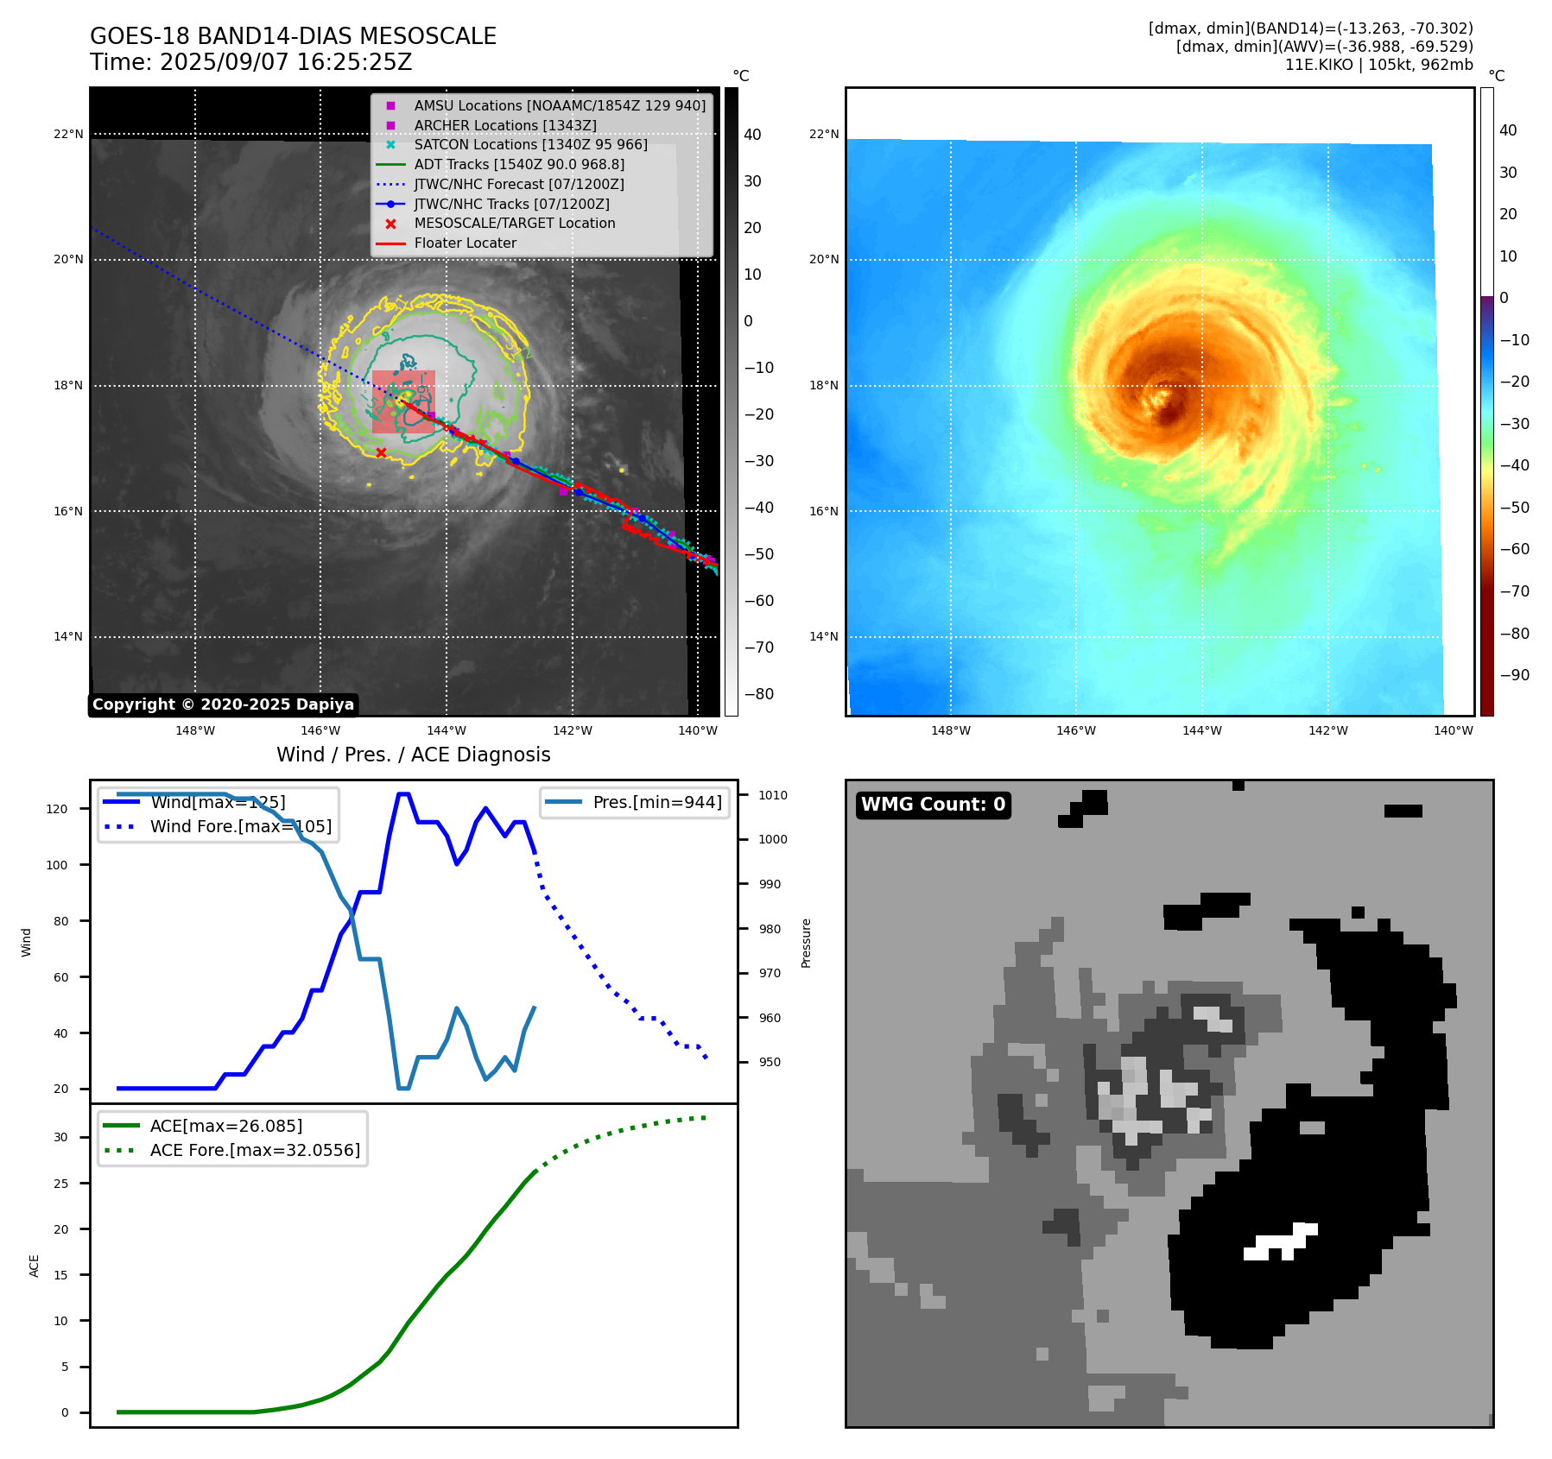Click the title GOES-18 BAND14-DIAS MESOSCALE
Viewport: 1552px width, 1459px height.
click(293, 36)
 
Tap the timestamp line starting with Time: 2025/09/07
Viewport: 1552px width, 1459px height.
click(250, 62)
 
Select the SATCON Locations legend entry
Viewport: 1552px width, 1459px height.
click(530, 144)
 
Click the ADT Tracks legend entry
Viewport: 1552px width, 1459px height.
click(519, 164)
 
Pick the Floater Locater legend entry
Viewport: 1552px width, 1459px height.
click(465, 243)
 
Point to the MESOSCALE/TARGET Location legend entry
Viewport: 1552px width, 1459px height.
click(515, 223)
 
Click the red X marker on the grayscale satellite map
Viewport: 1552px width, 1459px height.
click(381, 452)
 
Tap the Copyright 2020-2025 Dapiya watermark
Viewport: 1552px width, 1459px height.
click(223, 704)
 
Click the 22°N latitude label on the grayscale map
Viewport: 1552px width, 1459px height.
click(68, 134)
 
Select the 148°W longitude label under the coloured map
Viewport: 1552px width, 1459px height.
click(950, 730)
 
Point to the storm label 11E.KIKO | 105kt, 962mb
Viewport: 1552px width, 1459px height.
click(1378, 65)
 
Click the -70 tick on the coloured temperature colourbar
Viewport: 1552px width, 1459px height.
click(1514, 591)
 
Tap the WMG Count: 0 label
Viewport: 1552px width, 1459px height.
click(933, 805)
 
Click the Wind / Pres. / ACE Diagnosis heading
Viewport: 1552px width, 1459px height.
click(413, 755)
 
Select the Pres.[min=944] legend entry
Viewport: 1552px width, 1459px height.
click(656, 802)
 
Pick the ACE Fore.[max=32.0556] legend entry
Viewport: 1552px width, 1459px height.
click(255, 1150)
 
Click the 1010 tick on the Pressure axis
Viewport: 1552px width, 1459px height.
click(773, 795)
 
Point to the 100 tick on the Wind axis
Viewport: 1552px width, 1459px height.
click(57, 865)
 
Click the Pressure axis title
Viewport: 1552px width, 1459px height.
click(806, 943)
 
